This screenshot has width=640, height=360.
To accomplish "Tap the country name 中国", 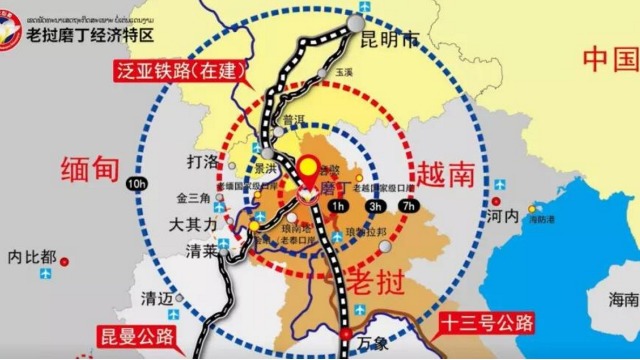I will pos(608,59).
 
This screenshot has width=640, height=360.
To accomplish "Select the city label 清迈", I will pos(157,298).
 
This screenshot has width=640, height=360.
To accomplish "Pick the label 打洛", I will pos(203,161).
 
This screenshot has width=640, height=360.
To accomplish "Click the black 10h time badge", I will pos(137,184).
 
